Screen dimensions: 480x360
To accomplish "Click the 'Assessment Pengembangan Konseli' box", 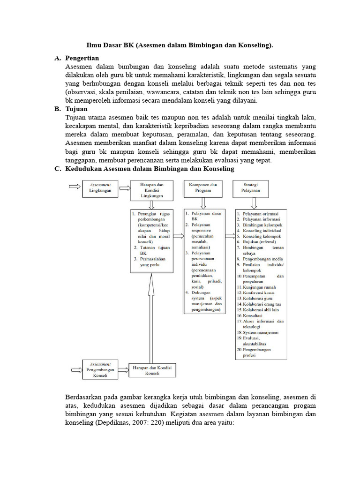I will (100, 369).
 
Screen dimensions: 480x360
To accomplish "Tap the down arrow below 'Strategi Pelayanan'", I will (254, 202).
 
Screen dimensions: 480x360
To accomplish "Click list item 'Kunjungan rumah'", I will (259, 286).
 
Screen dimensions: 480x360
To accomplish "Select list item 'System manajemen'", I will (260, 332).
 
